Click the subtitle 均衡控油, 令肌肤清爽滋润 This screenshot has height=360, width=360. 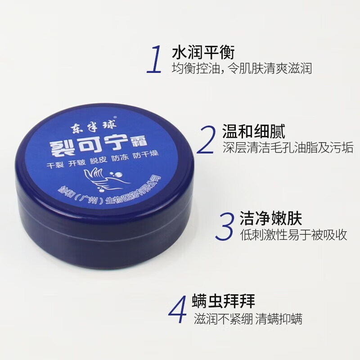pos(242,69)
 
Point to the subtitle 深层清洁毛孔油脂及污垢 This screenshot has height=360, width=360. pos(288,148)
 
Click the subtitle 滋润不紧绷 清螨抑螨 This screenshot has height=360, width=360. pos(248,319)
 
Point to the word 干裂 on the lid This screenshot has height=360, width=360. pos(55,165)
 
